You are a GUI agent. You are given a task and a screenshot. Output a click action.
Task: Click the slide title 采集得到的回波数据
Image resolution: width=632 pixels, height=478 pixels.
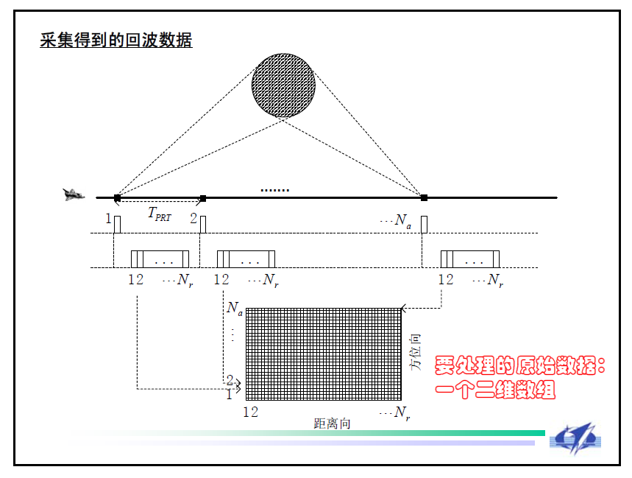coord(116,41)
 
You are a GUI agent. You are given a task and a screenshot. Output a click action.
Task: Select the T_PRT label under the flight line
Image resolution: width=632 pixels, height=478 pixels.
coord(159,214)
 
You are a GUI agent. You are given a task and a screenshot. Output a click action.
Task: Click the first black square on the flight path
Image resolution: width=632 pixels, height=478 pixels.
coord(117,197)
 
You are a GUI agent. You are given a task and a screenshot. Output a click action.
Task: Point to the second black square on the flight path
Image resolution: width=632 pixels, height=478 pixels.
coord(203,197)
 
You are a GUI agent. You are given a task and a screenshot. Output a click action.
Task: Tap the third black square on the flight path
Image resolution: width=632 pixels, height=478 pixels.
coord(424,197)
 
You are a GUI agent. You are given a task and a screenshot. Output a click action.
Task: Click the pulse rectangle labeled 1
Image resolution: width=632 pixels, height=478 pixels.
coord(117,224)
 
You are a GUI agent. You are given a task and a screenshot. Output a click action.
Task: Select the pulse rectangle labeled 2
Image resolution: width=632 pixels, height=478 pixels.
coord(203,224)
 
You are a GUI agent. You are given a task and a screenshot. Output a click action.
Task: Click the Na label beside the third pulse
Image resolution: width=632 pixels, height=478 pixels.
coord(403,221)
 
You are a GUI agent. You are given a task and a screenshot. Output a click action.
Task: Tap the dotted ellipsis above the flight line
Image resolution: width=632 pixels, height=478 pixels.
coord(274,190)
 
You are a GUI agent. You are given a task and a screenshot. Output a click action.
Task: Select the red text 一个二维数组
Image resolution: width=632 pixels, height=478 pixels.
coord(495,390)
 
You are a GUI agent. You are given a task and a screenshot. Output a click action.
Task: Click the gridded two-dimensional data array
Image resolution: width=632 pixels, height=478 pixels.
coord(324,354)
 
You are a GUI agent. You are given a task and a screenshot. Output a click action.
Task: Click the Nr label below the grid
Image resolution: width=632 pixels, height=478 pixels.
coord(402,413)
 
